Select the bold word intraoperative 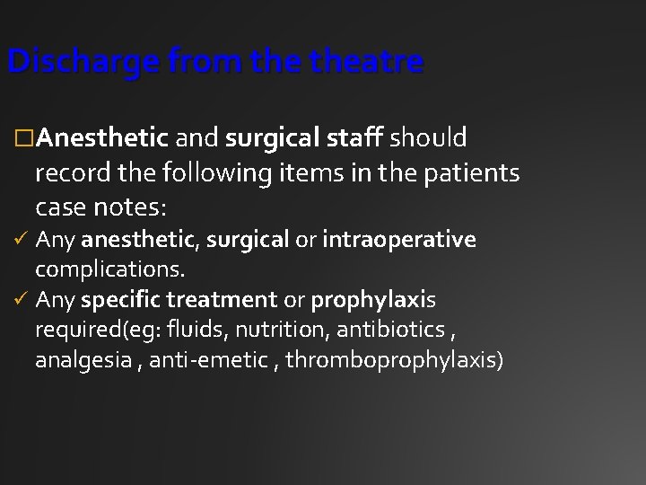pyautogui.click(x=401, y=240)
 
